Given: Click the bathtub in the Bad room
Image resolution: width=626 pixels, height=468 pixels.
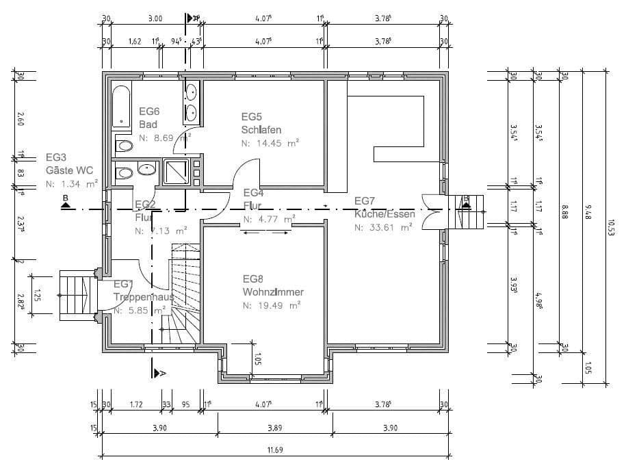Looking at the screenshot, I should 122,107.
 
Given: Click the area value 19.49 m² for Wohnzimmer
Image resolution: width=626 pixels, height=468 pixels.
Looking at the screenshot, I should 272,306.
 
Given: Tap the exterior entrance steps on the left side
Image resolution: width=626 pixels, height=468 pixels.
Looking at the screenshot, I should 76,294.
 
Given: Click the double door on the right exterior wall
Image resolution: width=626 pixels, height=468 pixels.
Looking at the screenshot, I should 433,211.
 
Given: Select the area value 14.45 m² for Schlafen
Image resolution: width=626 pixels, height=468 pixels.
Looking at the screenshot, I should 271,144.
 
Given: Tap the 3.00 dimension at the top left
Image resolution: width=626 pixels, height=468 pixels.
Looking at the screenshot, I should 155,18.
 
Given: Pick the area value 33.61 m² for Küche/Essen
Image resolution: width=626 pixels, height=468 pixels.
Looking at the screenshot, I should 383,228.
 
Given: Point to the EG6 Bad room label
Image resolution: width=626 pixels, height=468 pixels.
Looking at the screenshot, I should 149,117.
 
